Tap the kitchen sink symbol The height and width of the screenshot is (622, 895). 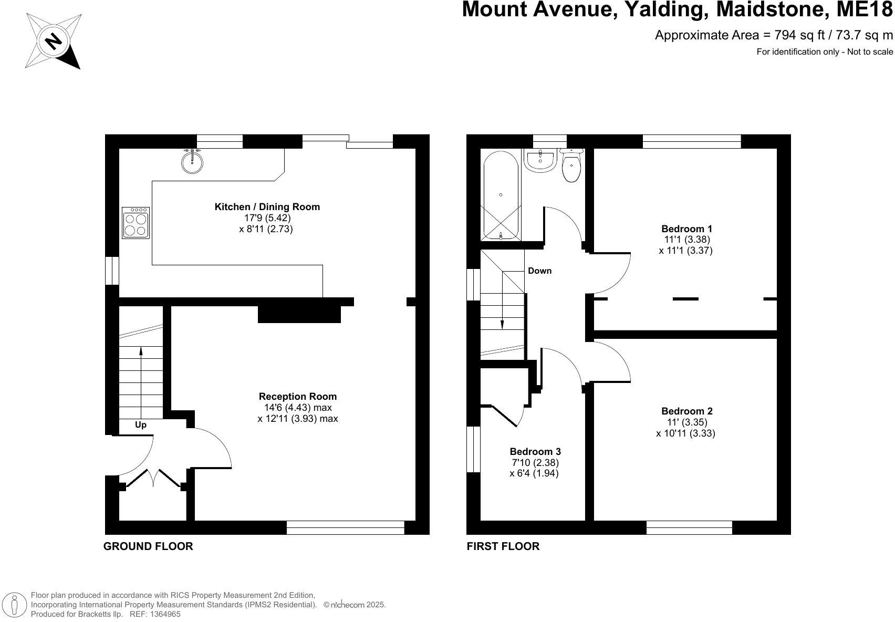(x=193, y=161)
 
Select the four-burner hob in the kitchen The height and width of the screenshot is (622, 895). (x=136, y=223)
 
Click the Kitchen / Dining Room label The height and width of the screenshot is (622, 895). (x=267, y=207)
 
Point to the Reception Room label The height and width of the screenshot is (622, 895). (x=297, y=397)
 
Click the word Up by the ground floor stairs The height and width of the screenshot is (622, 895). (x=141, y=425)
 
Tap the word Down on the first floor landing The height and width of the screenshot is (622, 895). (x=539, y=271)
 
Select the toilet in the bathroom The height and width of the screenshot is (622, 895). (x=571, y=167)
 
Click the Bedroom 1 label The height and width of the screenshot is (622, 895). (x=686, y=229)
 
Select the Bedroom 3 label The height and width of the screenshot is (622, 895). (x=535, y=452)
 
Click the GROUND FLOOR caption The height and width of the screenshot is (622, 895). (x=148, y=546)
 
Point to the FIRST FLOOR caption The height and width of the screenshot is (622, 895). (x=503, y=546)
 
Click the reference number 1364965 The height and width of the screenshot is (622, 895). (x=163, y=614)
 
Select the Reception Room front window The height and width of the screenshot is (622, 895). (x=345, y=527)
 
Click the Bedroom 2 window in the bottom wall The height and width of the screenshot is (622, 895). (x=689, y=527)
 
